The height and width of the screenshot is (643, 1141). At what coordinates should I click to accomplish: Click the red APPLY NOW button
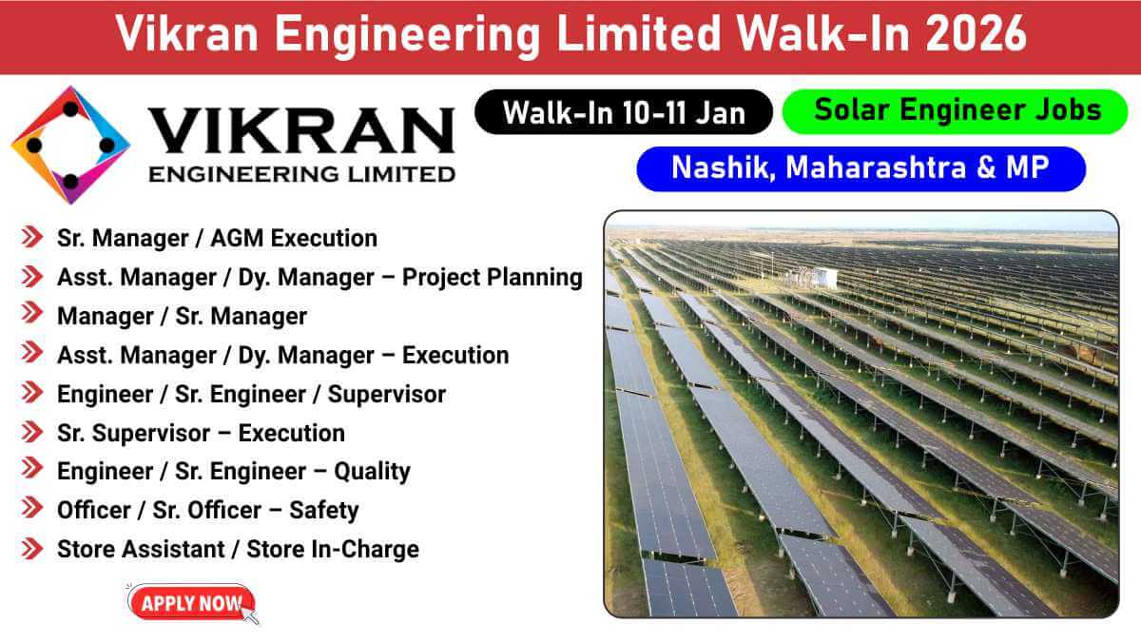click(191, 603)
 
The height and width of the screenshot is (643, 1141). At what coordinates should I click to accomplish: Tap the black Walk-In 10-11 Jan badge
click(624, 112)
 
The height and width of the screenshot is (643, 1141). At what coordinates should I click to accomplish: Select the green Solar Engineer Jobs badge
click(955, 111)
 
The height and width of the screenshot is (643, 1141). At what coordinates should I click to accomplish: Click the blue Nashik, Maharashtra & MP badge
click(861, 168)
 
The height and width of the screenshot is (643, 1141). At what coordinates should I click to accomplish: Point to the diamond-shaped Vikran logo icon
click(70, 146)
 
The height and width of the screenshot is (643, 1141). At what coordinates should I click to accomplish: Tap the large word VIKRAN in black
click(301, 130)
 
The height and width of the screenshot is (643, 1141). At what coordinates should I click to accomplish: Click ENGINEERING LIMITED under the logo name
click(301, 175)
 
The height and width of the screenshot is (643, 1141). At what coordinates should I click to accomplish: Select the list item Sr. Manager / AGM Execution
click(217, 239)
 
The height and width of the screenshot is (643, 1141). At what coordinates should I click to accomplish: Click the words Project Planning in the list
click(493, 278)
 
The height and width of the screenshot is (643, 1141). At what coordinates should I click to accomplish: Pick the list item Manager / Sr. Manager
click(182, 317)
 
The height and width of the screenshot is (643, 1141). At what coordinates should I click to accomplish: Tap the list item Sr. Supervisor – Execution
click(201, 433)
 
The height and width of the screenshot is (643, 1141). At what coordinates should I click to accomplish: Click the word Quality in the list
click(372, 472)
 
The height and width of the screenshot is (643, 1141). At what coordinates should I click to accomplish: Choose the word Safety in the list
click(324, 511)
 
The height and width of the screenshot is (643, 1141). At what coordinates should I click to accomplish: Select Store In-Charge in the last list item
click(333, 549)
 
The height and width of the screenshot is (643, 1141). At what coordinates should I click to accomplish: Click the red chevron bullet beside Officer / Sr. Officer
click(32, 508)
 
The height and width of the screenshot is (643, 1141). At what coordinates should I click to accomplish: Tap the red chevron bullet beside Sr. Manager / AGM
click(32, 236)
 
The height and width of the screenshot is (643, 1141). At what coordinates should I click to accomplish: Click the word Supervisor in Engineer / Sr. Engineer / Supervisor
click(387, 395)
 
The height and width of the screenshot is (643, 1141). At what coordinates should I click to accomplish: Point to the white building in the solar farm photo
click(822, 277)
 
